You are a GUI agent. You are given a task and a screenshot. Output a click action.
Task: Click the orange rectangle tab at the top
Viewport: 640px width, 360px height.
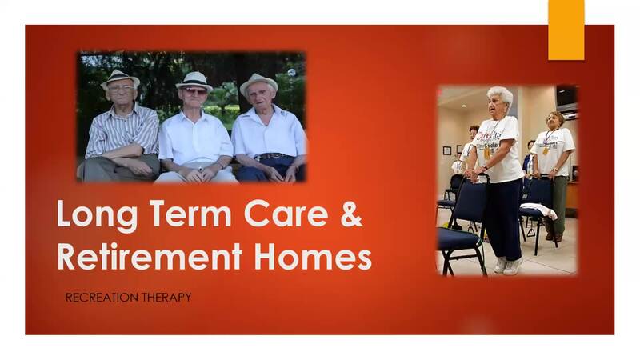coord(566,29)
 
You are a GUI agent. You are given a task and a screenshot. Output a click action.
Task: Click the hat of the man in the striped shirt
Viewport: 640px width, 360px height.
coord(121,78)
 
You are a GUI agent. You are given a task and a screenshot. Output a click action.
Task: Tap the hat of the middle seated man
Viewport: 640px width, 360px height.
coord(194,80)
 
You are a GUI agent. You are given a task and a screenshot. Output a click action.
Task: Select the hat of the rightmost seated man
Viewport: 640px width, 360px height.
coord(258,82)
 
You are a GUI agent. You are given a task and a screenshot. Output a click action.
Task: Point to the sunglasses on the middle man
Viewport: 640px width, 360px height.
coord(194,92)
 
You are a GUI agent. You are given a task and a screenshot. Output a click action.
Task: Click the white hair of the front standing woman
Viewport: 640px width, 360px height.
coord(501,94)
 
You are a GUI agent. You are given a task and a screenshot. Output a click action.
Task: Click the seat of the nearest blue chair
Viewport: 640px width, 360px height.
coord(457,238)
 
